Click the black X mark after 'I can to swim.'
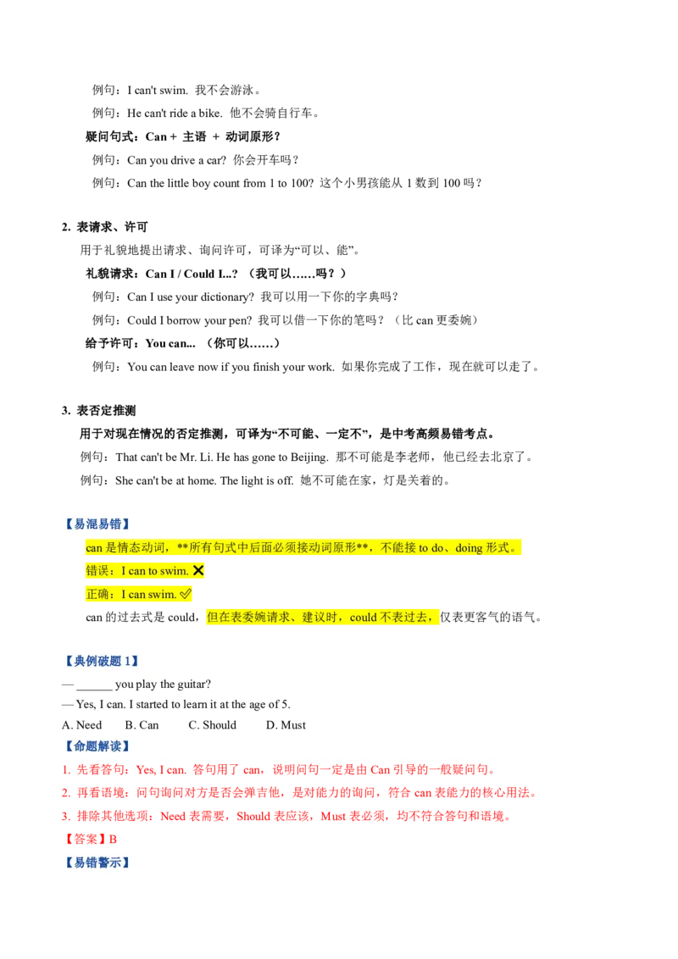coord(198,571)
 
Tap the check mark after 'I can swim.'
coord(186,594)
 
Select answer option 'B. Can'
coord(142,725)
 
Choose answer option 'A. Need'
coord(82,725)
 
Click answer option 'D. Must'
coord(286,725)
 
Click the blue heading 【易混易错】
coord(97,524)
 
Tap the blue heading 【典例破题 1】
coord(102,661)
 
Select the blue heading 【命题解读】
coord(97,746)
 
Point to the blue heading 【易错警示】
coord(97,862)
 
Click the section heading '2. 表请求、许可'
coord(104,227)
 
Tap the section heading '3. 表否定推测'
coord(98,410)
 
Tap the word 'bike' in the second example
coord(208,114)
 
